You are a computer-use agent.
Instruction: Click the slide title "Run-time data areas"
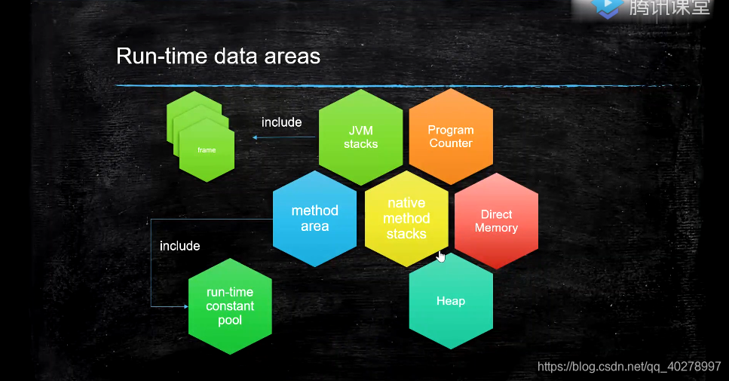click(218, 57)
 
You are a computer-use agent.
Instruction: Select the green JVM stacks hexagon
click(360, 137)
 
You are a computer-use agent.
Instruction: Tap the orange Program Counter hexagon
click(451, 137)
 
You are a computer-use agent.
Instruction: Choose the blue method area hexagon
click(314, 218)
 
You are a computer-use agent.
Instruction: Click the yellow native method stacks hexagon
click(406, 219)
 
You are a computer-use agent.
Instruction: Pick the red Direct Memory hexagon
click(496, 220)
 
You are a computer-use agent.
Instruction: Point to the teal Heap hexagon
click(451, 301)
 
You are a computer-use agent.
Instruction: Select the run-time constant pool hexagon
click(230, 306)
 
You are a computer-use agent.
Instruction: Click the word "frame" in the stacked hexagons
click(207, 150)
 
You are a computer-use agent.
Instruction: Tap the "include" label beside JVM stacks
click(281, 122)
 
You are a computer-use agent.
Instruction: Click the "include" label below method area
click(179, 246)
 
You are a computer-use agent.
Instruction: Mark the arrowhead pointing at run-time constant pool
click(184, 306)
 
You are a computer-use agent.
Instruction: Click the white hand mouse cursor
click(441, 257)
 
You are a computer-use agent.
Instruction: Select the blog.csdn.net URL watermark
click(629, 367)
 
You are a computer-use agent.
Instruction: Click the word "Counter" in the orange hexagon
click(451, 143)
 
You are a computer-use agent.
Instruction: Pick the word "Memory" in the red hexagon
click(496, 228)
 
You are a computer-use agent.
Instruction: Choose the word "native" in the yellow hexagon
click(406, 203)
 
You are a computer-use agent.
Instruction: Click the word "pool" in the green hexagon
click(230, 320)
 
